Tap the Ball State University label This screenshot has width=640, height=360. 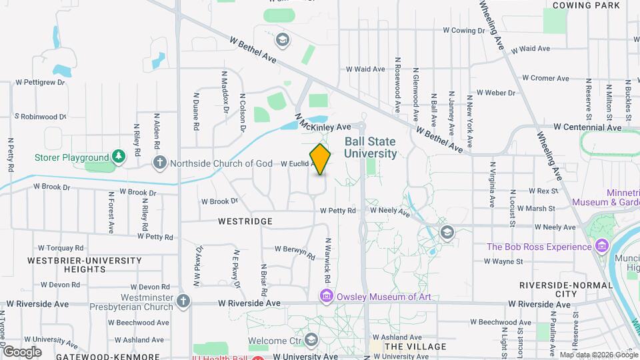coord(370,147)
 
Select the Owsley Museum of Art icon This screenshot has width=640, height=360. coord(327,296)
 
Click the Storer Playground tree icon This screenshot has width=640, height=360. coord(119,157)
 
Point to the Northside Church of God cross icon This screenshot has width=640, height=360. coord(160,163)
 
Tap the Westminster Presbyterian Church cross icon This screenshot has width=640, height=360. coord(184,302)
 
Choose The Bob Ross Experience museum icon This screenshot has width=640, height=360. coord(602,247)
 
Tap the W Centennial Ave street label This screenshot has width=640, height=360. coord(589,127)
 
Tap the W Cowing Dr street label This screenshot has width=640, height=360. coord(464,30)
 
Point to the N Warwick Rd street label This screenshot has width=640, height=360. coord(327,259)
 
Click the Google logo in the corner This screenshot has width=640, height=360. coord(23,351)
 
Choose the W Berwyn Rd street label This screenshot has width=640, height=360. coord(293,251)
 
